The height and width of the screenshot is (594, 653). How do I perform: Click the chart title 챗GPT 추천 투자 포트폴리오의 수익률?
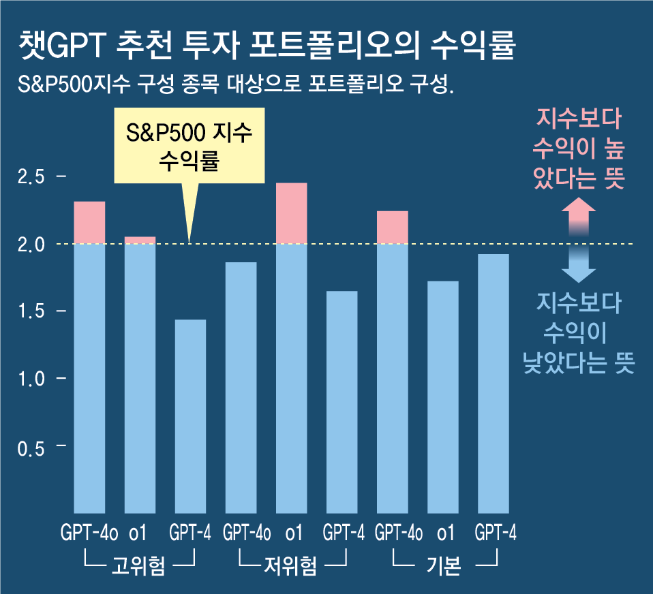pos(267,46)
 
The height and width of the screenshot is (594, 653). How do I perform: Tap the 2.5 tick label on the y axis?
pos(31,177)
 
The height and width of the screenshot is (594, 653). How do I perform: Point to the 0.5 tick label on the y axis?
pos(31,446)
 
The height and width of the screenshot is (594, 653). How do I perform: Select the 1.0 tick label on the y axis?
pos(31,379)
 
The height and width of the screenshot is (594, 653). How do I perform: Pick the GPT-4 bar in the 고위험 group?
pos(190,416)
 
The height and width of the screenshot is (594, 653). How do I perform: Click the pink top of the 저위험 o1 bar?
pos(291,213)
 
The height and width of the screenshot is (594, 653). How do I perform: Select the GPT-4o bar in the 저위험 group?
pos(241,387)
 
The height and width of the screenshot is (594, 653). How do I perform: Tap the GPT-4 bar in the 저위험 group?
pos(341,402)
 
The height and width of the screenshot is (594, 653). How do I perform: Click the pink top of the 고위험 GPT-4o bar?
pos(89,222)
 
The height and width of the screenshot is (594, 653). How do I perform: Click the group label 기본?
pos(444,565)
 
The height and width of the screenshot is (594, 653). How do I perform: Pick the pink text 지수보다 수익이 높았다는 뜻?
pos(579,149)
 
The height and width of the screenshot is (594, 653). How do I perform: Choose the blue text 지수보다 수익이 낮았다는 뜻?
pos(579,334)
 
